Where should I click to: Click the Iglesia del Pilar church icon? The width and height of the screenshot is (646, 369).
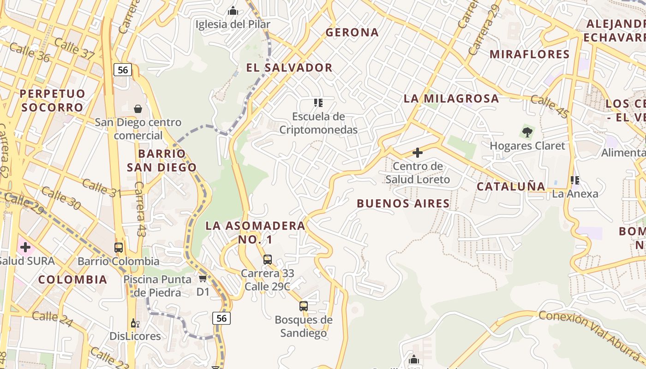233,10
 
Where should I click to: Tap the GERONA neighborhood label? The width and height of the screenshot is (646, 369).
352,32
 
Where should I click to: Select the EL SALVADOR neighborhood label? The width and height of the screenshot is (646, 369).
289,67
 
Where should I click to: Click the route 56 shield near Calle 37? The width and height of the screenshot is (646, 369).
123,70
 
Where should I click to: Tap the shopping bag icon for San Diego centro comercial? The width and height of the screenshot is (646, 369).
138,109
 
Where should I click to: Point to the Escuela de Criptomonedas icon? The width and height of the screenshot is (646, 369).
318,102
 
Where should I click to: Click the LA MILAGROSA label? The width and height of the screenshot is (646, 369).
451,98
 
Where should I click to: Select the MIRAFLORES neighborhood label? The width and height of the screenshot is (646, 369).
529,54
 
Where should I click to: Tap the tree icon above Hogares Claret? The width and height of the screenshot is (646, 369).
527,132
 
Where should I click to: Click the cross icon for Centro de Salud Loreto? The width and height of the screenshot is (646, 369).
418,153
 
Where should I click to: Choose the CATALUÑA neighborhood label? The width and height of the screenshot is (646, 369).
511,186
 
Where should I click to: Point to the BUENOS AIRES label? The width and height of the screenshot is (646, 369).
403,203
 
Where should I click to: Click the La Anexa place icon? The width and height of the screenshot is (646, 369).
575,180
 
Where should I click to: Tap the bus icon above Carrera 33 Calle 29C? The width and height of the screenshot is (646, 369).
268,259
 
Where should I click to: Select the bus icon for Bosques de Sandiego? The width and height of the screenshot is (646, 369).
303,306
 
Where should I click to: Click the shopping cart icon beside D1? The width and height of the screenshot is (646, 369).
203,278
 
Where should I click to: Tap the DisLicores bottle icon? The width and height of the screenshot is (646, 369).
135,323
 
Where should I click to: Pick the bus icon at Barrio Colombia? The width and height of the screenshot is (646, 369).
119,247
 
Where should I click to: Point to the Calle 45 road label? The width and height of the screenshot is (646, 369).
549,106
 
